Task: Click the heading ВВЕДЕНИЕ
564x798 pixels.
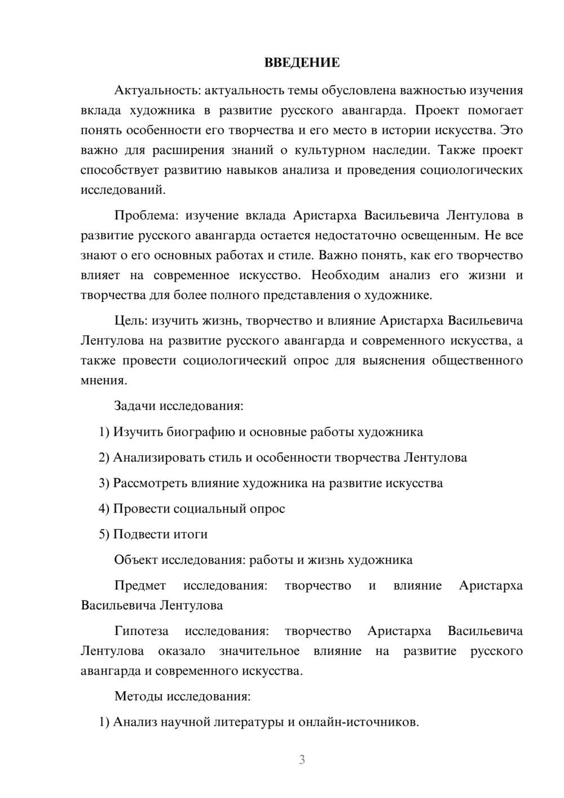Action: pos(302,63)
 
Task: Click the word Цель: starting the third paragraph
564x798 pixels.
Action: pos(131,321)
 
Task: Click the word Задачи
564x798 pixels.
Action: pos(135,406)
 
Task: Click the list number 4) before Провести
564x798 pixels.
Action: pos(104,509)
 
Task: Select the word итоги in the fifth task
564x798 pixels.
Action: pos(189,534)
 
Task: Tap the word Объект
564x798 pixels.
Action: pos(136,560)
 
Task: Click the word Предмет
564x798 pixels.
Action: pos(140,586)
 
